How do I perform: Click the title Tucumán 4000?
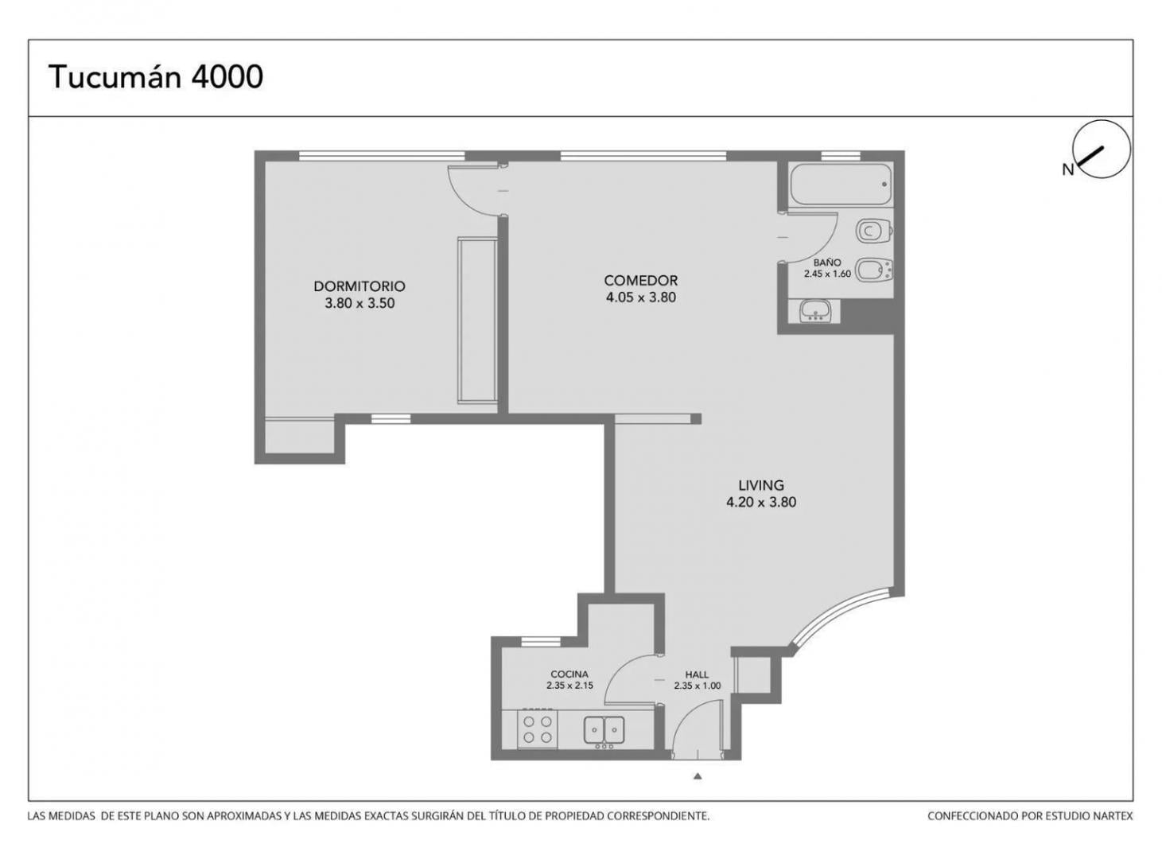(156, 77)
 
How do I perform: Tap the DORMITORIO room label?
(359, 286)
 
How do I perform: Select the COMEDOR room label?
(641, 281)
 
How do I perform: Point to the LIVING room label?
(761, 485)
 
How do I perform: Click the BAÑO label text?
(827, 262)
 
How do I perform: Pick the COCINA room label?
(569, 674)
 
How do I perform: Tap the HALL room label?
(697, 674)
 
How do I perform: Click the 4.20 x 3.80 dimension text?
(761, 502)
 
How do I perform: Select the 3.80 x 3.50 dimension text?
(359, 303)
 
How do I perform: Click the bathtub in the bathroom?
(841, 185)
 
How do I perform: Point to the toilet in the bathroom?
(874, 231)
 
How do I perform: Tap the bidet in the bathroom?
(874, 270)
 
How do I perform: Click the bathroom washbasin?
(814, 311)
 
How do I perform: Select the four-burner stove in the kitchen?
(538, 729)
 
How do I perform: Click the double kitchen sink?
(604, 731)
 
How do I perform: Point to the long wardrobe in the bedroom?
(476, 321)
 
